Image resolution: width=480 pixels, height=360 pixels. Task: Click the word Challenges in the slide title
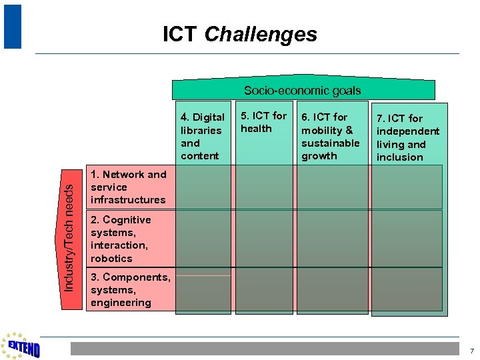261,34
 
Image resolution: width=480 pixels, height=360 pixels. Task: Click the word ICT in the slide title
180,34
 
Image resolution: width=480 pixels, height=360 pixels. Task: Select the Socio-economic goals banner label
302,91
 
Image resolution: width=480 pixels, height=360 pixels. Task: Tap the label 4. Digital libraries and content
202,137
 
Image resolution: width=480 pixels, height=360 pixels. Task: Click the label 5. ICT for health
263,122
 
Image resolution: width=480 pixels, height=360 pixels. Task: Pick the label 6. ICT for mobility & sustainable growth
330,137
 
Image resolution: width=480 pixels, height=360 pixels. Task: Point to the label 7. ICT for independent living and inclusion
407,138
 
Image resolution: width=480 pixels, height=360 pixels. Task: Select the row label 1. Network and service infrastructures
129,187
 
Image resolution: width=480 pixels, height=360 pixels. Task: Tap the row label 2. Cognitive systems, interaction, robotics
121,239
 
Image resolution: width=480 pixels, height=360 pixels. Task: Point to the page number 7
471,351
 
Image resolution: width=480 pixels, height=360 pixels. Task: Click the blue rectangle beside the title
12,27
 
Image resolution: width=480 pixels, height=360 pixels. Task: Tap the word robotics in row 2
111,259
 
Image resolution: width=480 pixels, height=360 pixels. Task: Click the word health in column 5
256,129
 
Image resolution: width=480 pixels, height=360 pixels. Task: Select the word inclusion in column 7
399,157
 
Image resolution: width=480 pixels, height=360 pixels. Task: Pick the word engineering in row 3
121,303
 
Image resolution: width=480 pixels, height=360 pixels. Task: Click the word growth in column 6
319,156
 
